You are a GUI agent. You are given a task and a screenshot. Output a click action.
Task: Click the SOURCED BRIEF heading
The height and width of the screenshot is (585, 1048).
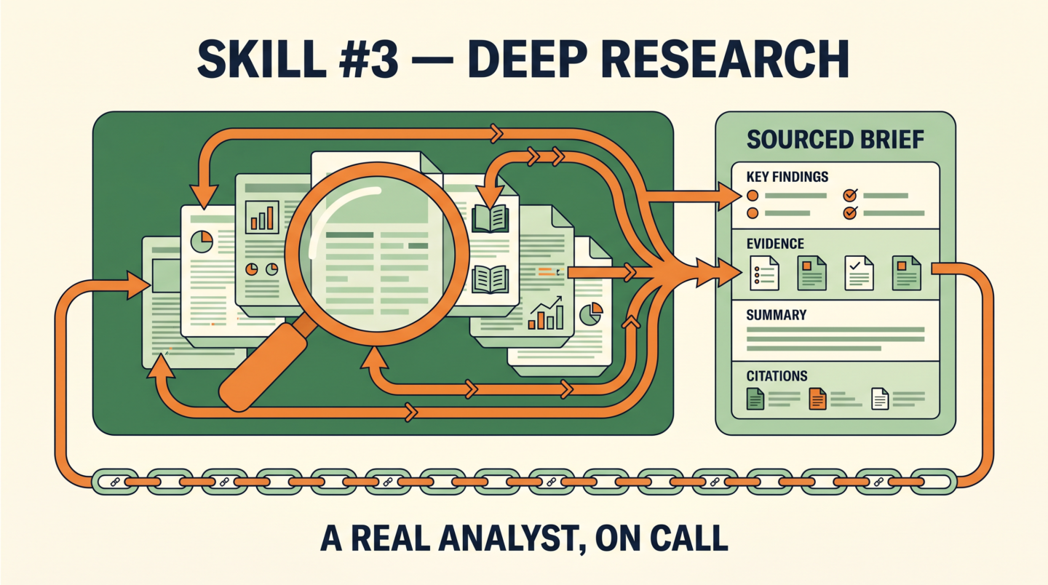point(835,140)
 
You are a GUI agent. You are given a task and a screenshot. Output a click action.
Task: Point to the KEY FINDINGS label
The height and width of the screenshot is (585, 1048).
point(787,177)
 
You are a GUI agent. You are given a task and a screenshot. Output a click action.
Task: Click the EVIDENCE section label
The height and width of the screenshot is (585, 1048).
point(775,244)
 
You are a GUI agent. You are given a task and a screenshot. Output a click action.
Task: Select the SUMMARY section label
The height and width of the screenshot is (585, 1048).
point(777,315)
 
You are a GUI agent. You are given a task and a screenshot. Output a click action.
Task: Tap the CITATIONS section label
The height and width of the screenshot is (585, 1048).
point(777,376)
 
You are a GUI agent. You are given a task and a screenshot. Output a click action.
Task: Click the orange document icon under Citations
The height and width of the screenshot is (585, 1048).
point(817,399)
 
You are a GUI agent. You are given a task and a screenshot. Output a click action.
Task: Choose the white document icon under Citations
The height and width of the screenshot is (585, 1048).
point(880,399)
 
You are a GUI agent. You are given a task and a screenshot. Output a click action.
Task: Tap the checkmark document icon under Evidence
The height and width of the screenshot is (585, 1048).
point(859,273)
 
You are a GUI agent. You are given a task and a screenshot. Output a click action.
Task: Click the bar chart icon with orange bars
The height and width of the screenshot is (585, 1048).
point(262,217)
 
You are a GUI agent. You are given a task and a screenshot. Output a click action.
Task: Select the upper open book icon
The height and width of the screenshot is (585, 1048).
point(490,218)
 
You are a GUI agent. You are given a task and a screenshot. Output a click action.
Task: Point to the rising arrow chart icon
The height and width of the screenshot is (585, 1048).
point(546,313)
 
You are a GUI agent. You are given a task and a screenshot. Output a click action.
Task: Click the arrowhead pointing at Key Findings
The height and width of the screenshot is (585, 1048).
point(730,197)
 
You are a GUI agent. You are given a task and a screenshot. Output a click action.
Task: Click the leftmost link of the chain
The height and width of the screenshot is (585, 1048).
point(115,482)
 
